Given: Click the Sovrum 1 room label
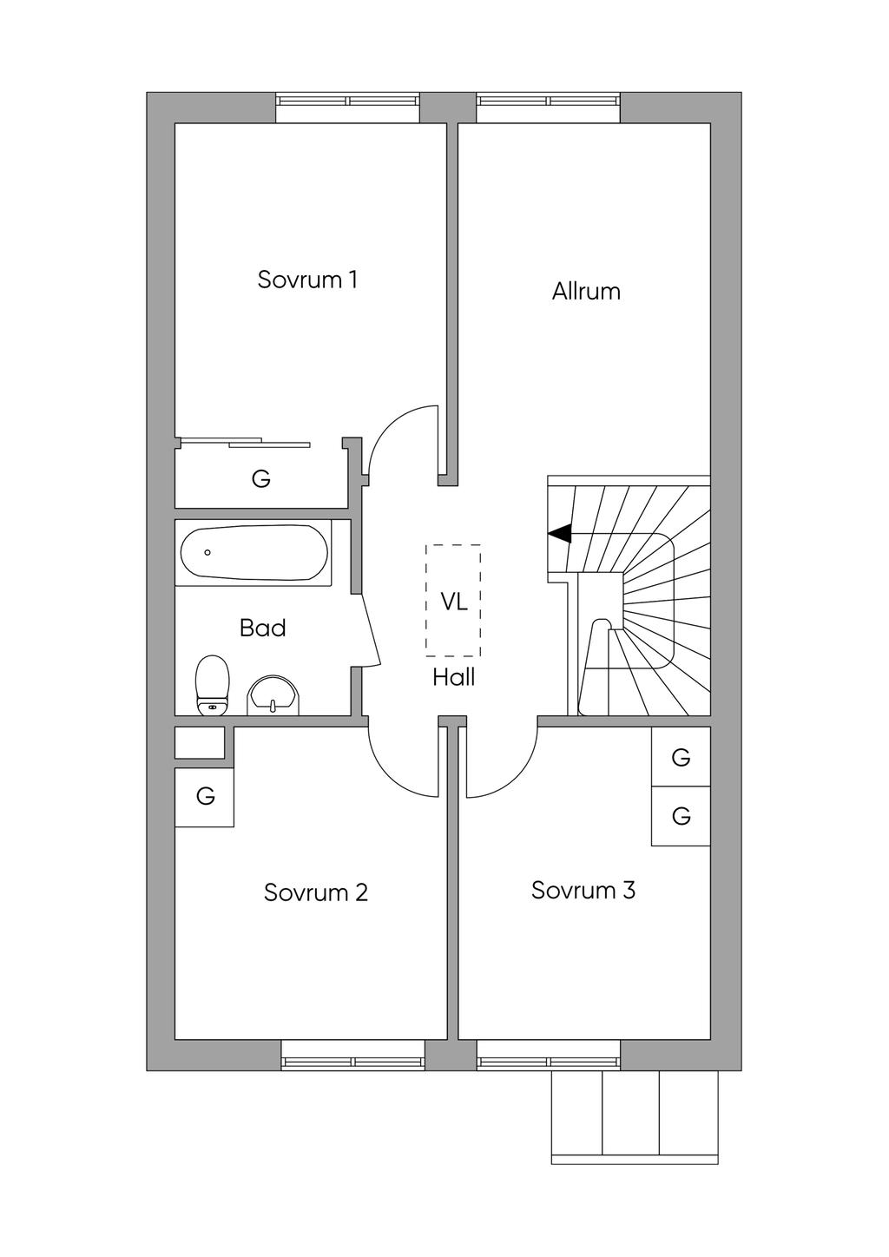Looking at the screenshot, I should [307, 280].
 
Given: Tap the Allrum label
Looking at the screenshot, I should [586, 291].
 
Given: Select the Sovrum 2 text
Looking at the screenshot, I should [316, 892].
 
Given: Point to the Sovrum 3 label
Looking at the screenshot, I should [583, 890].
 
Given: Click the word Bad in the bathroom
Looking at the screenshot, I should [262, 628].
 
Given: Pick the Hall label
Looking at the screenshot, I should [453, 677].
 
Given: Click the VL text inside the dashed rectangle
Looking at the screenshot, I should [453, 602].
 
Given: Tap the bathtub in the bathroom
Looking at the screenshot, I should [254, 553].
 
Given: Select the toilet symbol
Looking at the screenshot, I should [213, 686].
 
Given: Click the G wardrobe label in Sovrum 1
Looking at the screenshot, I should [260, 478].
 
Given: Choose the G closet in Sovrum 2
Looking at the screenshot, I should [205, 796].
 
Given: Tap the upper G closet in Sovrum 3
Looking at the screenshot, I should [681, 757].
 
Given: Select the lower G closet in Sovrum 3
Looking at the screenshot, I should [681, 816].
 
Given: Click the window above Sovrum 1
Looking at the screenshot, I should [348, 101].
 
